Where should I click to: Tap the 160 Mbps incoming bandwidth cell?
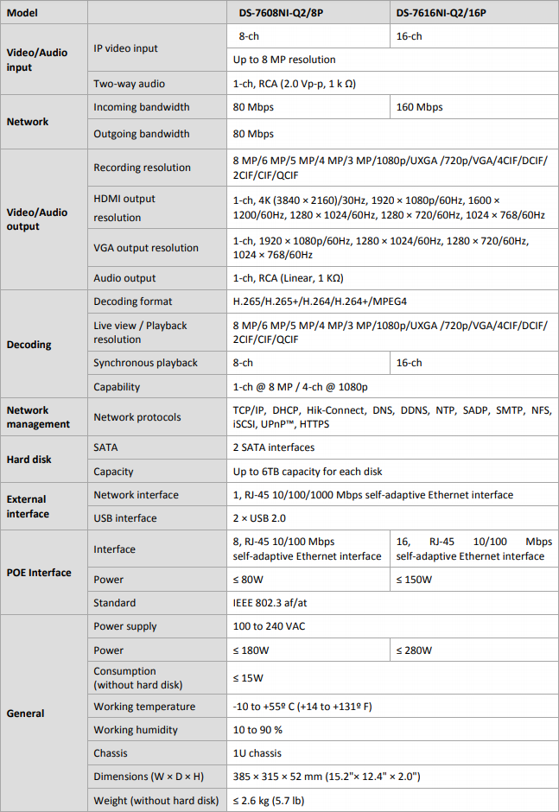coord(419,107)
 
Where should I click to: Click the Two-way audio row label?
coord(129,84)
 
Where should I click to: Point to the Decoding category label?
coord(29,345)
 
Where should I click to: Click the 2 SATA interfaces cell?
coord(274,447)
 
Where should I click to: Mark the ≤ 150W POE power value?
coord(414,580)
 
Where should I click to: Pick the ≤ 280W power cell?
coord(414,650)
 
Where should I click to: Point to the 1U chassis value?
coord(257,753)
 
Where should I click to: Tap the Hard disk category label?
coord(30,460)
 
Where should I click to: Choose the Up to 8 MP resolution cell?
coord(284,60)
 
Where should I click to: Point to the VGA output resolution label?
coord(146,248)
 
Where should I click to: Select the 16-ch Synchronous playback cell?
coord(410,363)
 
